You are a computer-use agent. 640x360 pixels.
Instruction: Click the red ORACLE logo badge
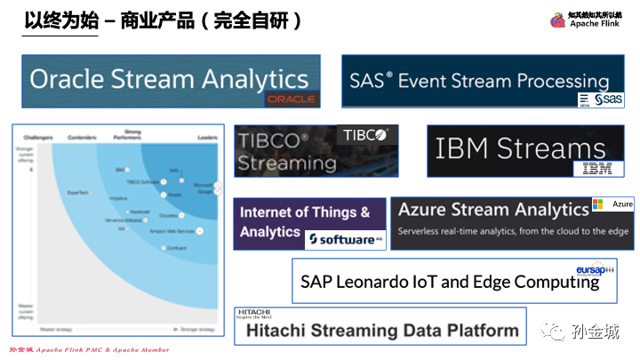pos(291,99)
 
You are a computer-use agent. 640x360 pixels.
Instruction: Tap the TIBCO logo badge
pos(367,135)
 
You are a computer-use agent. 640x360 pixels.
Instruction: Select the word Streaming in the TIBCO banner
pos(286,163)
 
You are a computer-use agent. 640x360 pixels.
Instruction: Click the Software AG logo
pos(345,239)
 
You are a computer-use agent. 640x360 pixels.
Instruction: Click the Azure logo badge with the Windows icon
pos(612,204)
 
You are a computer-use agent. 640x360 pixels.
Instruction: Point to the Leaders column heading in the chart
pos(207,138)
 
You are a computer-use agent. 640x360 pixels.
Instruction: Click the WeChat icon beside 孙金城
pos(556,332)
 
